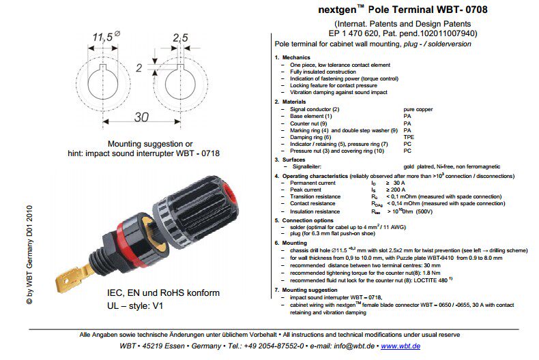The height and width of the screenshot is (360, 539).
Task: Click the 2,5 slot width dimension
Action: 179,37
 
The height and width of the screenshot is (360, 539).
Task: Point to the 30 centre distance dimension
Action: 141,117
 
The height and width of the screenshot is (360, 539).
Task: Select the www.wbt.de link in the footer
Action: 400,346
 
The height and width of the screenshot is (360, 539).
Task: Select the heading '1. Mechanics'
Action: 300,57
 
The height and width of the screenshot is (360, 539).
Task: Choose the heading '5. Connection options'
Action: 310,220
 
